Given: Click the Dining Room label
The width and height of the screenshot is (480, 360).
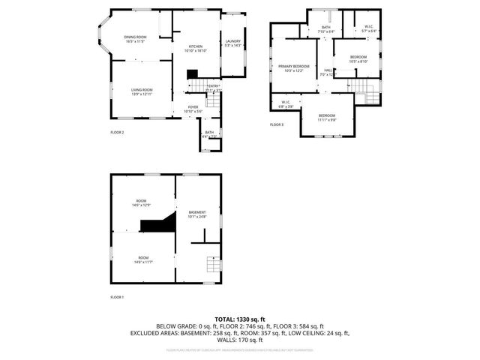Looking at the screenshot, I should pyautogui.click(x=136, y=39).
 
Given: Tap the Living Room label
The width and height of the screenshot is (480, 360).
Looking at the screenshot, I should pyautogui.click(x=142, y=91).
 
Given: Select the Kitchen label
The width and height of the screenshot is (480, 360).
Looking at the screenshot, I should pyautogui.click(x=196, y=47).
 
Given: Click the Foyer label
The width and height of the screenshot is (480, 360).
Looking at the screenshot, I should pyautogui.click(x=193, y=109).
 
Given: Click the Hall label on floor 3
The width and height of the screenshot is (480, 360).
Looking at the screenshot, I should pyautogui.click(x=328, y=72).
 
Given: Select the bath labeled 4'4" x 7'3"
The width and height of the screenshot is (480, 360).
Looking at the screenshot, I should pyautogui.click(x=209, y=134).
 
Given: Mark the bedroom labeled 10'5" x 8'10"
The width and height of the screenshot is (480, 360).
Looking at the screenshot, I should pyautogui.click(x=358, y=59).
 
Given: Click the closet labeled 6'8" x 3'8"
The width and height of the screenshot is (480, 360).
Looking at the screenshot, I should pyautogui.click(x=286, y=104).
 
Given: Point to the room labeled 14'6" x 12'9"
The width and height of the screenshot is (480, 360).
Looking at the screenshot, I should pyautogui.click(x=142, y=202).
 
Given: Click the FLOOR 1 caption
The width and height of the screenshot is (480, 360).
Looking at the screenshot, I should pyautogui.click(x=117, y=298).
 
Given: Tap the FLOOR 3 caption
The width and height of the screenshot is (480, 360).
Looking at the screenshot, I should pyautogui.click(x=277, y=124).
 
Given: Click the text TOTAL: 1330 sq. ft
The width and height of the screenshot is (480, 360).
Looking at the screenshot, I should pyautogui.click(x=239, y=319).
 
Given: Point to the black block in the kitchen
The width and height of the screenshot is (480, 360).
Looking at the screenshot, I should pyautogui.click(x=193, y=73).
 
